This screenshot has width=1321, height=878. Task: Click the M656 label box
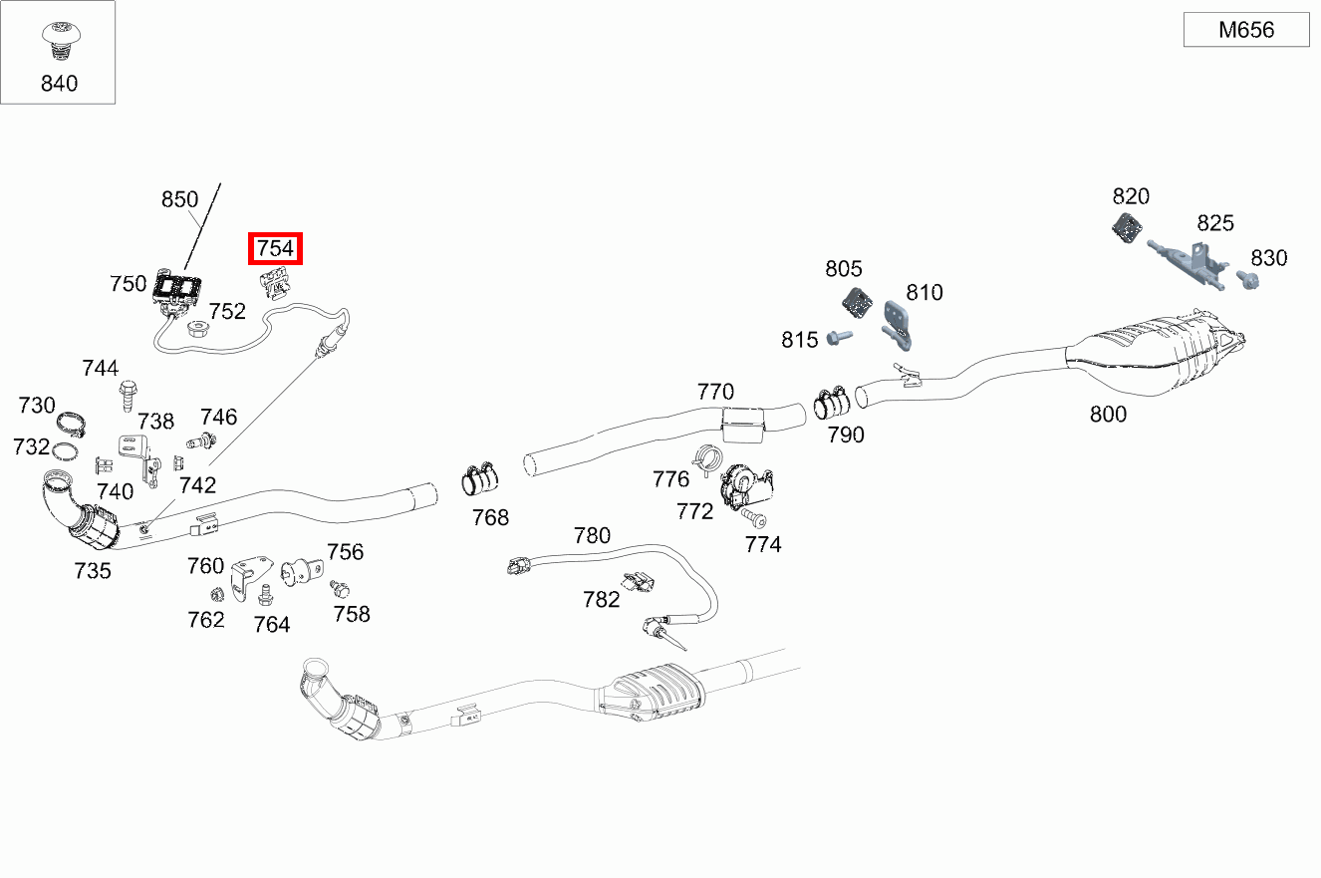(1246, 30)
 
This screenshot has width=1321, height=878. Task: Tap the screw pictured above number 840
(62, 40)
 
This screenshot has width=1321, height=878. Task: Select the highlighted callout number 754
(275, 248)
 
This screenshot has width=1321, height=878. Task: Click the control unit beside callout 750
(177, 290)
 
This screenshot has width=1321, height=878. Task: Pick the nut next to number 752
(196, 328)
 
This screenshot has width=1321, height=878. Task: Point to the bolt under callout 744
(128, 396)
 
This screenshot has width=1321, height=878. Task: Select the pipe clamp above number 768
(479, 478)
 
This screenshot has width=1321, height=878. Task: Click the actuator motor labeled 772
(746, 486)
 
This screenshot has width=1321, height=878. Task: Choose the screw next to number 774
(753, 517)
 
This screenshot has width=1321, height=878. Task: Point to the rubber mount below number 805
(858, 303)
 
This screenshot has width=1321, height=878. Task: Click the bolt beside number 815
(839, 337)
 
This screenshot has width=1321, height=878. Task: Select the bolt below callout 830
(1247, 280)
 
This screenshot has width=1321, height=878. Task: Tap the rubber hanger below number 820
(1127, 227)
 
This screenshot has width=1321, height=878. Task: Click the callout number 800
(1108, 415)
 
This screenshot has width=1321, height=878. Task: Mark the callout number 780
(592, 535)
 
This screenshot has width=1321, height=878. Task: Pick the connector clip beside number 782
(638, 581)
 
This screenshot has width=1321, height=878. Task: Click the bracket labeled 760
(250, 576)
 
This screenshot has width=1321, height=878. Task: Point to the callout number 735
(93, 571)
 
